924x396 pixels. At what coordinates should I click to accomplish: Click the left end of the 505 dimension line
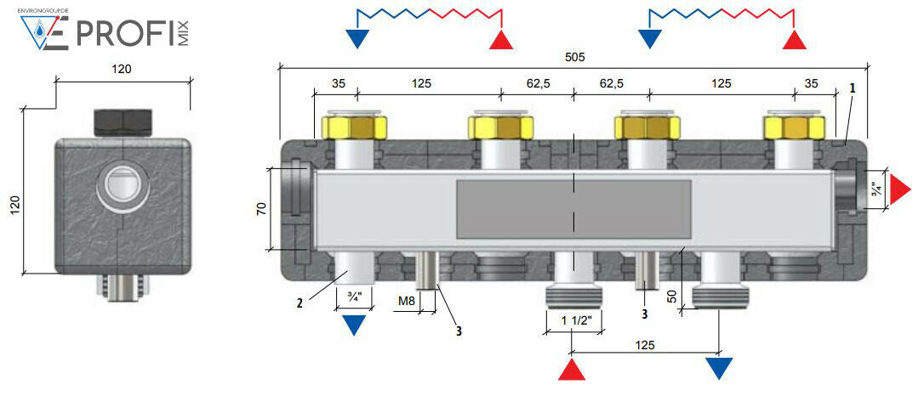coord(279,66)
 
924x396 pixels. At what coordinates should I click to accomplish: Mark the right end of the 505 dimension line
coord(868,66)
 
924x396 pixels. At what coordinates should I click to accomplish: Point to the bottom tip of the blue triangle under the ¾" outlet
coord(354,336)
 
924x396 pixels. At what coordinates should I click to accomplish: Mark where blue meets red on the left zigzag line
coord(430,10)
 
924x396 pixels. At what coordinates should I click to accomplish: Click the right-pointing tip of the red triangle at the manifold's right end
coord(911,190)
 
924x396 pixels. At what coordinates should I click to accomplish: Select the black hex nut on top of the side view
coord(123,122)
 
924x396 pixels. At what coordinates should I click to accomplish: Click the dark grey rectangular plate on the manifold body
coord(573,209)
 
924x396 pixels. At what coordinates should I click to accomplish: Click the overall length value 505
coord(574,57)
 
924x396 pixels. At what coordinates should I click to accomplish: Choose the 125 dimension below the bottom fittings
coord(645,344)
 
